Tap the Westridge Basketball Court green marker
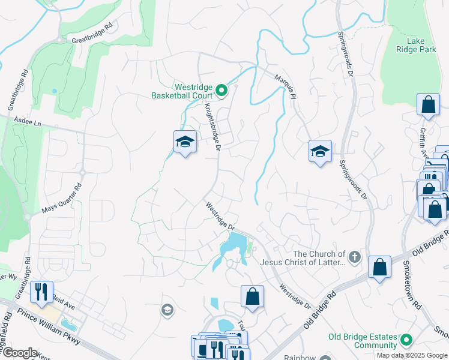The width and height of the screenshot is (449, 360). (x=221, y=91)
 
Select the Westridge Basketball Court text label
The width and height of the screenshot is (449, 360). (x=182, y=91)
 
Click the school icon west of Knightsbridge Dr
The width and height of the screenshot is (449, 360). (x=185, y=142)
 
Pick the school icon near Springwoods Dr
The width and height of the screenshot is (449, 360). (x=320, y=152)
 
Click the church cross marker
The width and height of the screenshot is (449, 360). (x=355, y=257)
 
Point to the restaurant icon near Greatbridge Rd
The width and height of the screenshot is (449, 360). (x=41, y=292)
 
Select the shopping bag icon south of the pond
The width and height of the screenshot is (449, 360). (x=253, y=296)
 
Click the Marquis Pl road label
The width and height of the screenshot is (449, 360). (x=285, y=86)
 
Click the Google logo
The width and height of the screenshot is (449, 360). (x=19, y=353)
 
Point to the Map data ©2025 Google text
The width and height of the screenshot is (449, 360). (x=411, y=355)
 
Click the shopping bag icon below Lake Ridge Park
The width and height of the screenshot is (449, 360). (x=429, y=105)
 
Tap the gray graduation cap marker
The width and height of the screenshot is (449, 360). (x=167, y=310)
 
